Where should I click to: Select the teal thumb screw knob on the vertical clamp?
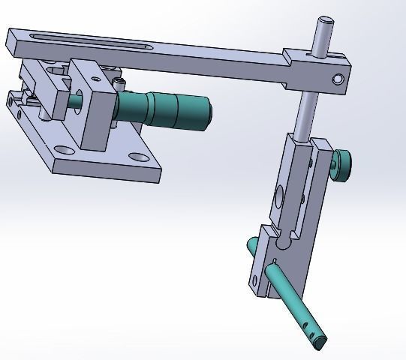point(341,166)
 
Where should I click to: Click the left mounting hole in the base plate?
point(62,150)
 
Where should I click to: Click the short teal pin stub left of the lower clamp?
point(251,246)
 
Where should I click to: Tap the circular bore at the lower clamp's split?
point(282,244)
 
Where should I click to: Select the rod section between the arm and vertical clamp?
point(304,113)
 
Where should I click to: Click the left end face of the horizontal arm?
point(12,43)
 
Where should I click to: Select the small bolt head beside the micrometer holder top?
point(118,82)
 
